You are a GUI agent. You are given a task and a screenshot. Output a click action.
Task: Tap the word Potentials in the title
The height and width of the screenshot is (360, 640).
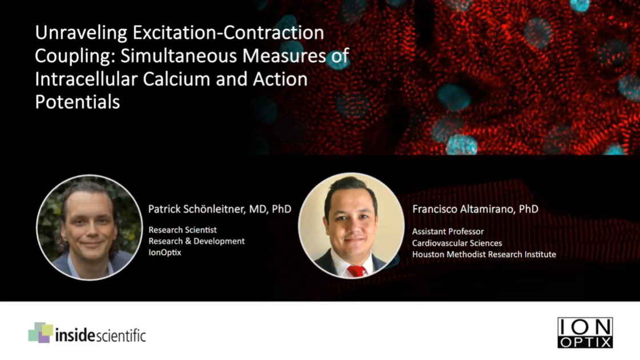pos(78,102)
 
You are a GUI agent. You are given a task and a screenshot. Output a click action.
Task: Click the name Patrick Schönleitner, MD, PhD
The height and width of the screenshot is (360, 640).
pos(220,209)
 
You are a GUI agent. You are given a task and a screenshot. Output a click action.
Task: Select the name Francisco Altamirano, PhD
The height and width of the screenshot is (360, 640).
pos(475,209)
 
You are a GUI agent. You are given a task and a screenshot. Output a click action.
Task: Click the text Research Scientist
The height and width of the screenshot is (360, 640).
pos(183,230)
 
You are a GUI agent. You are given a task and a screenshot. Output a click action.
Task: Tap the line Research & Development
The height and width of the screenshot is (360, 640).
pos(196,241)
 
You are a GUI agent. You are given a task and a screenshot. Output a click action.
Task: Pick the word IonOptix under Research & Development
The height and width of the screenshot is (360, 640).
pos(165,252)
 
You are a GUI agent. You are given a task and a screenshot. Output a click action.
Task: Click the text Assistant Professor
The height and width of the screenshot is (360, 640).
pos(448,232)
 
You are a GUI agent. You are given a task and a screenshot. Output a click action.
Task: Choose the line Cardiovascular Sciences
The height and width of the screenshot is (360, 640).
pos(457,243)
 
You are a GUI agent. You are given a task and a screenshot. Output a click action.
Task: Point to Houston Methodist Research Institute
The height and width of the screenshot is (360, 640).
pos(484,254)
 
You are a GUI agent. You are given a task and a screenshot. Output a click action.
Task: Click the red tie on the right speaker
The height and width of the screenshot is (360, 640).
pos(356,271)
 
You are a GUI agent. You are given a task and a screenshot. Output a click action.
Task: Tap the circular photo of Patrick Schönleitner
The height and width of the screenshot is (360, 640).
pos(90,228)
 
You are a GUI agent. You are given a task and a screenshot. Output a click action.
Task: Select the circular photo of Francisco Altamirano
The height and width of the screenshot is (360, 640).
pos(351,226)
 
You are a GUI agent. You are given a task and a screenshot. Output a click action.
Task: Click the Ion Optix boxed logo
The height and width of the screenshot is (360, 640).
pos(585,333)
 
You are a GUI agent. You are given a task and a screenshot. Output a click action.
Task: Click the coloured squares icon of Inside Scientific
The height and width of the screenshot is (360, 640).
pos(41,333)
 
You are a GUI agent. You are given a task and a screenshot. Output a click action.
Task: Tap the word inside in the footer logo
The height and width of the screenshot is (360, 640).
pos(75,335)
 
